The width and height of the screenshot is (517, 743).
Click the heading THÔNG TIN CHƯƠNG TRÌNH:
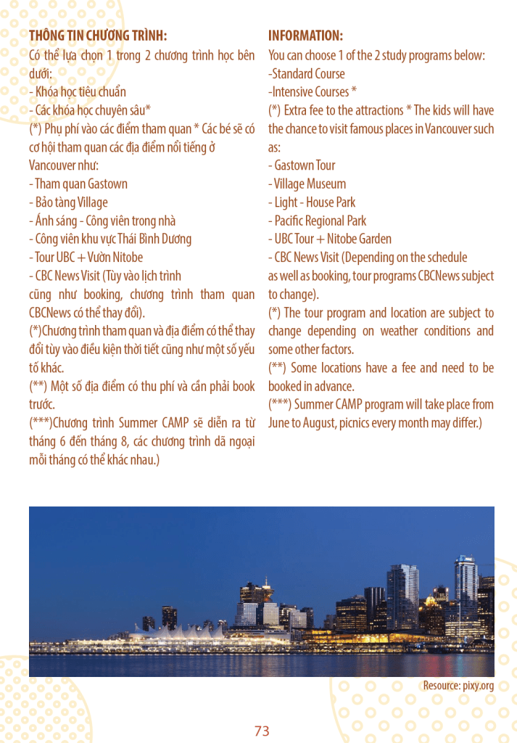(x=98, y=36)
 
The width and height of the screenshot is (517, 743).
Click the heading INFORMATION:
(x=305, y=36)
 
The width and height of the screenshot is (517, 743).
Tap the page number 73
(x=262, y=731)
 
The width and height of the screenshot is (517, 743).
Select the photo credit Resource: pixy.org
(x=458, y=686)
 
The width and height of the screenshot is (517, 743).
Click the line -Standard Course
(x=307, y=73)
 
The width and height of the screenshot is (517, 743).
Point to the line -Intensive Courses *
(x=313, y=92)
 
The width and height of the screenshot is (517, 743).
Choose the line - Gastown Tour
(x=302, y=165)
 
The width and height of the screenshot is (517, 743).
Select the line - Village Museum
(x=307, y=184)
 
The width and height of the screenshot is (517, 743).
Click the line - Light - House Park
(x=312, y=202)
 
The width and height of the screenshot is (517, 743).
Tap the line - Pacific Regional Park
(x=317, y=221)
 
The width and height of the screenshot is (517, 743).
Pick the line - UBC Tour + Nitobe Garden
(x=329, y=239)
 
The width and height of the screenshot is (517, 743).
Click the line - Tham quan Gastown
(x=78, y=184)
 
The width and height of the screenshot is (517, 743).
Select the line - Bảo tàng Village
(x=68, y=202)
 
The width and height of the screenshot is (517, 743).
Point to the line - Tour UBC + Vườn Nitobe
(x=86, y=258)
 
